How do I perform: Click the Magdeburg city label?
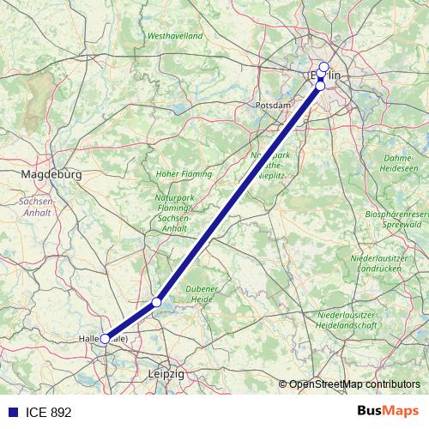[50, 173]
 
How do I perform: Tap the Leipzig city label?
[166, 375]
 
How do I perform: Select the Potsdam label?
[273, 105]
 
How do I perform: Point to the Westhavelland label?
[175, 36]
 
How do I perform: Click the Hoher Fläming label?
[184, 173]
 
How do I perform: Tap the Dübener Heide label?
[202, 294]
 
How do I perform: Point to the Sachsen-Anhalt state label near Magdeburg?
[37, 207]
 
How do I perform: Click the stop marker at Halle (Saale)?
[106, 339]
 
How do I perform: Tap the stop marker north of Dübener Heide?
[157, 302]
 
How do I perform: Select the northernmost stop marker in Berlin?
[323, 67]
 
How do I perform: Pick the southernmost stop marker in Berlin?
[320, 86]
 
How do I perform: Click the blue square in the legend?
[11, 412]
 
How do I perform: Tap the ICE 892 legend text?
[48, 412]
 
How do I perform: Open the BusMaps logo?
[388, 411]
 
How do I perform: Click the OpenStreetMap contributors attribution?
[354, 384]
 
